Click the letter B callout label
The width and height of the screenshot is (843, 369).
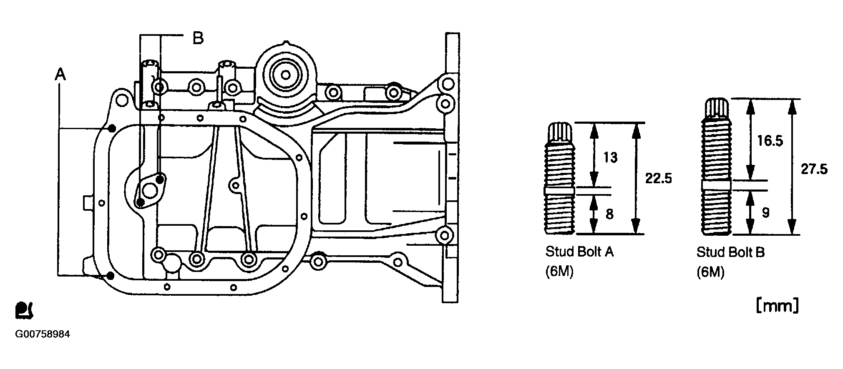tap(198, 38)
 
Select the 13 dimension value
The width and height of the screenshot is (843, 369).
tap(610, 157)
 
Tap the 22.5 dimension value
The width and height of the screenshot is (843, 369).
tap(659, 178)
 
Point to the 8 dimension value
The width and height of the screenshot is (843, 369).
tap(609, 214)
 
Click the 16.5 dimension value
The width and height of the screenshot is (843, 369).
tap(770, 141)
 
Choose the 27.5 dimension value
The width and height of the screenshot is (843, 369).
tap(814, 169)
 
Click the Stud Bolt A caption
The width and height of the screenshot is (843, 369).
tap(580, 252)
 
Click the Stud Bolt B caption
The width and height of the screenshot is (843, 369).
tap(731, 252)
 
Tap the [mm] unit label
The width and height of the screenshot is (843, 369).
tap(778, 306)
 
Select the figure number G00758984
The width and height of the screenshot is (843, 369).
tap(42, 334)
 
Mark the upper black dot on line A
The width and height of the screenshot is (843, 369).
tap(111, 128)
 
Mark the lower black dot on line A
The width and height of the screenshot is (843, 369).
tap(110, 275)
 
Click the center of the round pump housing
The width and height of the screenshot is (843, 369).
tap(286, 75)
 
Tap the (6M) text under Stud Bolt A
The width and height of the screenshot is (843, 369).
tap(559, 272)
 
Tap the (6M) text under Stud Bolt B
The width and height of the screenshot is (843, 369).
tap(710, 272)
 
